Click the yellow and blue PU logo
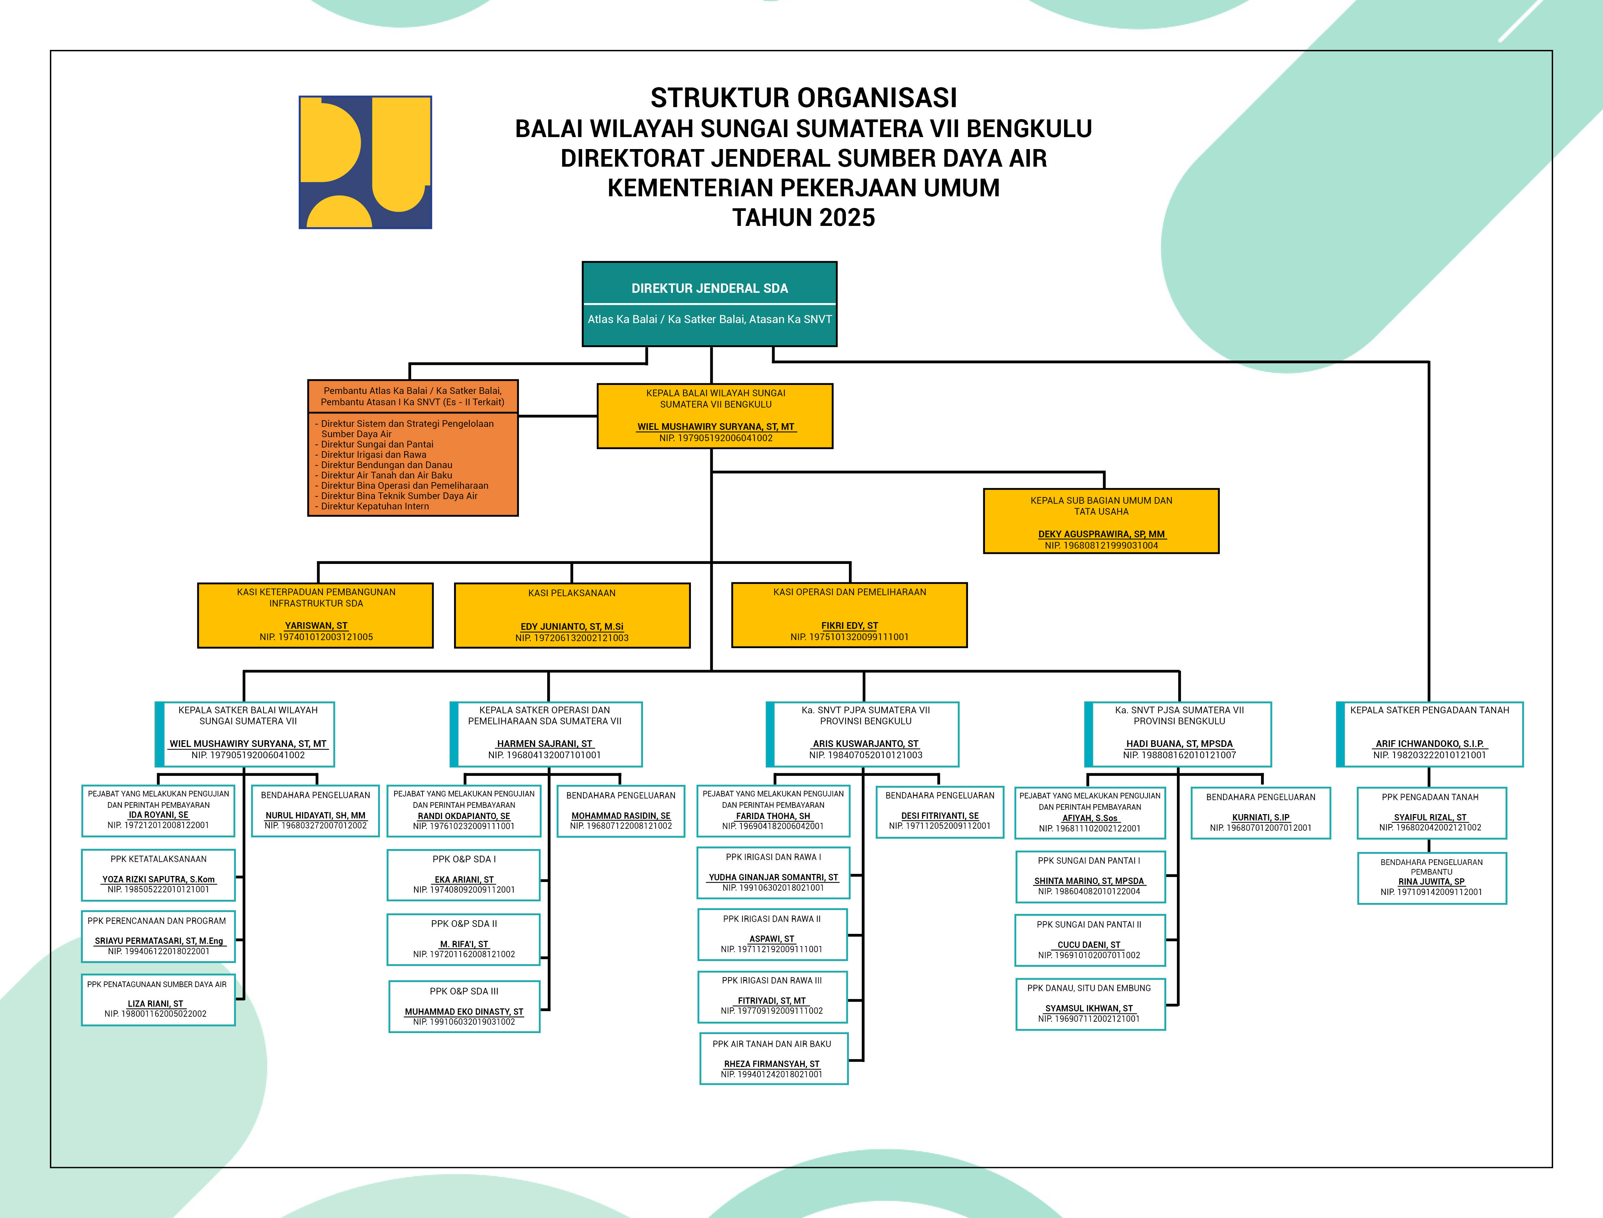[x=365, y=162]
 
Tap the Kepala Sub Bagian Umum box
[x=1101, y=521]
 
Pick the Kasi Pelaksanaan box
[x=572, y=615]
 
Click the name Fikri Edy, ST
[x=849, y=626]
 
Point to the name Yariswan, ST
[x=316, y=626]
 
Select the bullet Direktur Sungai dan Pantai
[x=377, y=444]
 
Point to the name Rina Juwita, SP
[x=1431, y=882]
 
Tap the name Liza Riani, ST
[x=156, y=1004]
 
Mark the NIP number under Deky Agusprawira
[x=1101, y=545]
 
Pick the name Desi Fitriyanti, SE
[x=940, y=816]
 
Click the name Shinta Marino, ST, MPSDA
[x=1088, y=881]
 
